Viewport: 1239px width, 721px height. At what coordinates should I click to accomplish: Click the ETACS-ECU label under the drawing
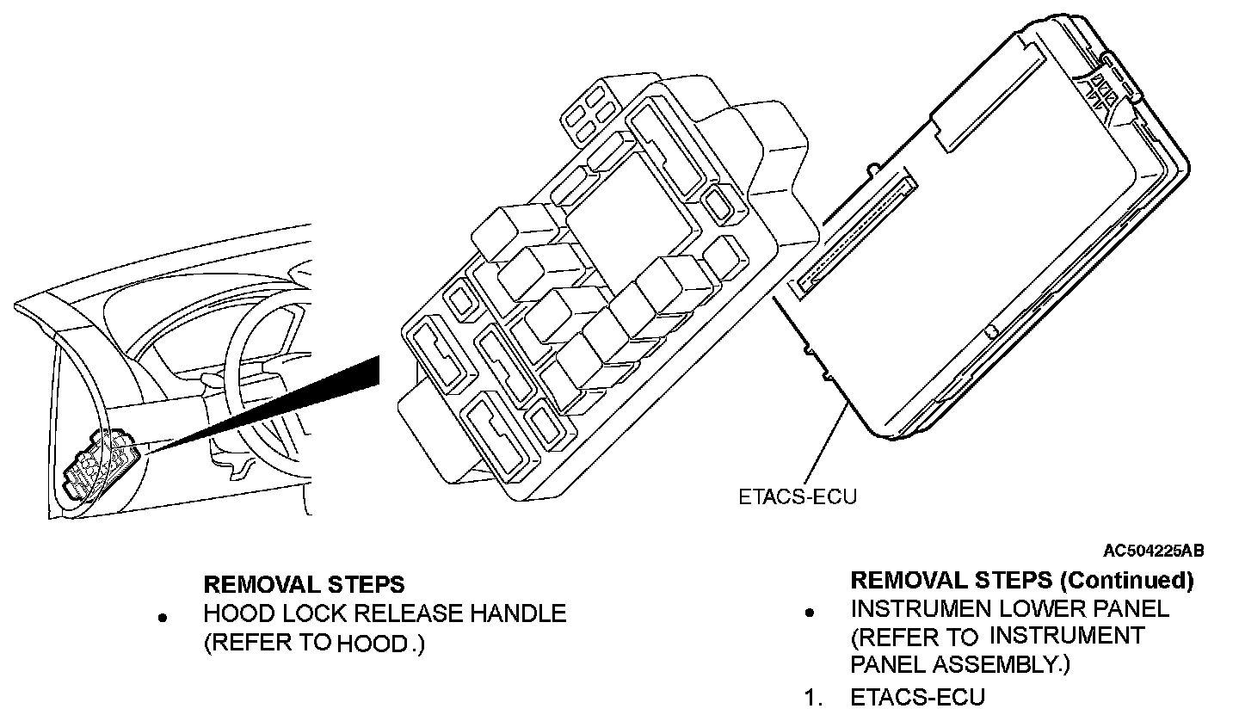pyautogui.click(x=798, y=496)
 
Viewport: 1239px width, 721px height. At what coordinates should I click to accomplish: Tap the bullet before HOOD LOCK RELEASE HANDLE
pyautogui.click(x=161, y=618)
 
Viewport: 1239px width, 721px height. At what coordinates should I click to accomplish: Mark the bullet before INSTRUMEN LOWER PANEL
pyautogui.click(x=809, y=613)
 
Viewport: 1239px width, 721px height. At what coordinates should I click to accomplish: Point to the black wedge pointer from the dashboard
pyautogui.click(x=284, y=404)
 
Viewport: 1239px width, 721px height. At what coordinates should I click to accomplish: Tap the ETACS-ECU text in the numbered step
pyautogui.click(x=917, y=698)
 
